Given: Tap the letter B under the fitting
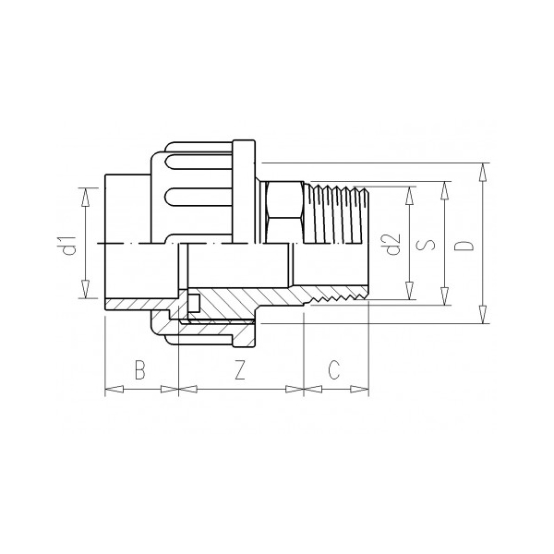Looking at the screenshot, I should (x=140, y=369).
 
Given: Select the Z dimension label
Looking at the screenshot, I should (x=239, y=369).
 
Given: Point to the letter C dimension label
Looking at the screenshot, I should (x=335, y=369).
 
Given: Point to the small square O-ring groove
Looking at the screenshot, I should (x=193, y=303).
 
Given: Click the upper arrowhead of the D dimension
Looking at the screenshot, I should (x=482, y=169).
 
